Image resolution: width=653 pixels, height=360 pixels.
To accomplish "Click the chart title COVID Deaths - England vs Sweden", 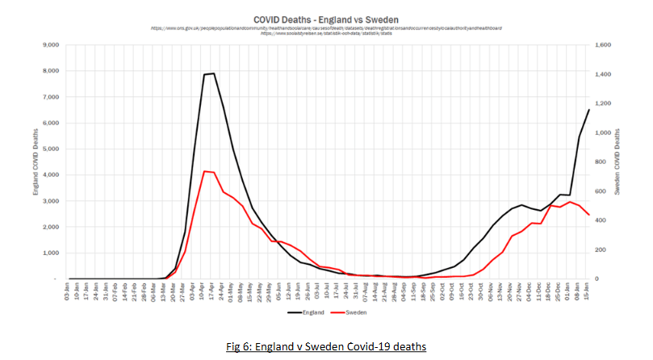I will tap(326, 18).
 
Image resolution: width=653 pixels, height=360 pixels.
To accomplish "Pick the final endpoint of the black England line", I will tap(589, 110).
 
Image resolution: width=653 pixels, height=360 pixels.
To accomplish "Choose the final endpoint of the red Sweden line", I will tap(589, 215).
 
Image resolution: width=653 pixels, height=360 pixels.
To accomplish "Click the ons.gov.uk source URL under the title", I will tap(326, 27).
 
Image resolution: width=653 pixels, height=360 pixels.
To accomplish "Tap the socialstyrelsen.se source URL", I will tap(326, 33).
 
